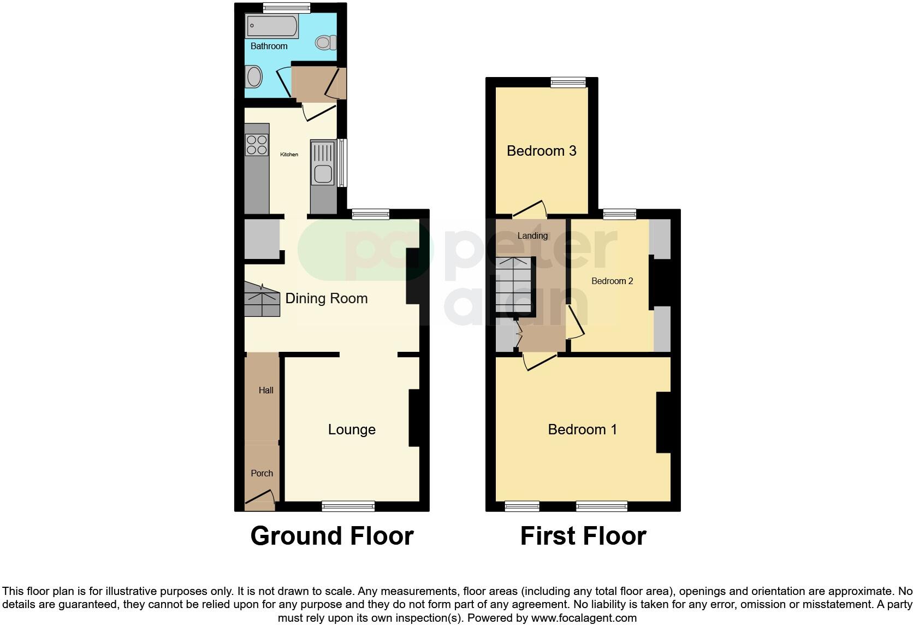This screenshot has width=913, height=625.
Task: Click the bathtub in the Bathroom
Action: [272, 26]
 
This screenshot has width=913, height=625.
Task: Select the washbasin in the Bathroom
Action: [253, 76]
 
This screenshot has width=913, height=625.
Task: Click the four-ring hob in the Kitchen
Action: [257, 144]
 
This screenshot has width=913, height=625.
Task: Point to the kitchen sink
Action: [323, 173]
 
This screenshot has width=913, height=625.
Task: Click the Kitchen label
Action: [289, 155]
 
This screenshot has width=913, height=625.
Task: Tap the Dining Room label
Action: [327, 298]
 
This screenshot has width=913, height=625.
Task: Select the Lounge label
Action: [352, 429]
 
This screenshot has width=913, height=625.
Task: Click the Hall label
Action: [266, 390]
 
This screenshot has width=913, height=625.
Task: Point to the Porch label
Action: [262, 473]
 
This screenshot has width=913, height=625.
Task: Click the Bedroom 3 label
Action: [541, 151]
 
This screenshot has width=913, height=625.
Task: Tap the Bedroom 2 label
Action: [612, 281]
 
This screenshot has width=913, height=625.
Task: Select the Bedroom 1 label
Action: [582, 429]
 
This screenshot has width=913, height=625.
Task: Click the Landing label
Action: [532, 235]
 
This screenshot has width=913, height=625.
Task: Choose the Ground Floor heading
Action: [332, 536]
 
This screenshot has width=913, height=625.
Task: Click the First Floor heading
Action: [583, 536]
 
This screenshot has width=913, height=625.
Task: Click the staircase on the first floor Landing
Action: [514, 285]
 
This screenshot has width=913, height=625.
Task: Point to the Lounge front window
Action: [348, 506]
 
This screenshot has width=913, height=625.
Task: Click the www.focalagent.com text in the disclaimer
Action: [584, 618]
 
